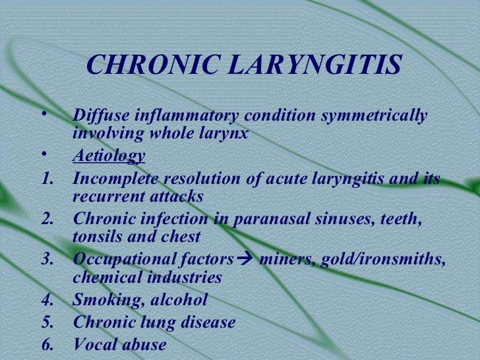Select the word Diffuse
coord(100,116)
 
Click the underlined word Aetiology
coord(109,156)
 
